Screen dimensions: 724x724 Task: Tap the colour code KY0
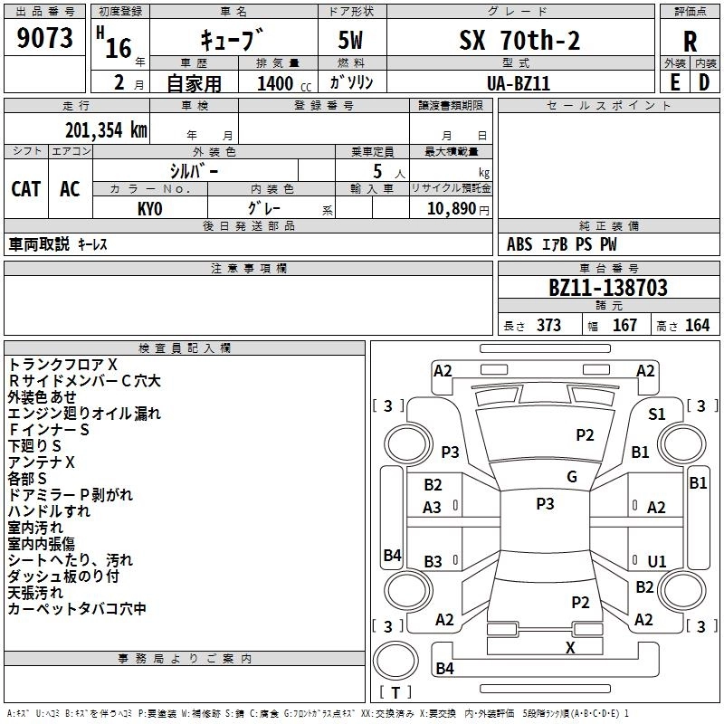149,208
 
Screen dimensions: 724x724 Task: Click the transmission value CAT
26,188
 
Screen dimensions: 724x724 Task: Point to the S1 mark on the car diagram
656,414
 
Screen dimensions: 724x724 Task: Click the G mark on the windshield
571,477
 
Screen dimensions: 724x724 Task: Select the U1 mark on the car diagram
656,561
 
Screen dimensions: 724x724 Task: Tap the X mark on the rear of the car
570,647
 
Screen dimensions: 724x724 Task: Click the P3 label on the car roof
545,504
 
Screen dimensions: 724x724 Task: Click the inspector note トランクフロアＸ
63,364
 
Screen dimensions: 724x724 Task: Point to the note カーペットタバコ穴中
77,609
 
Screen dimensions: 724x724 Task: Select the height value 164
697,326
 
